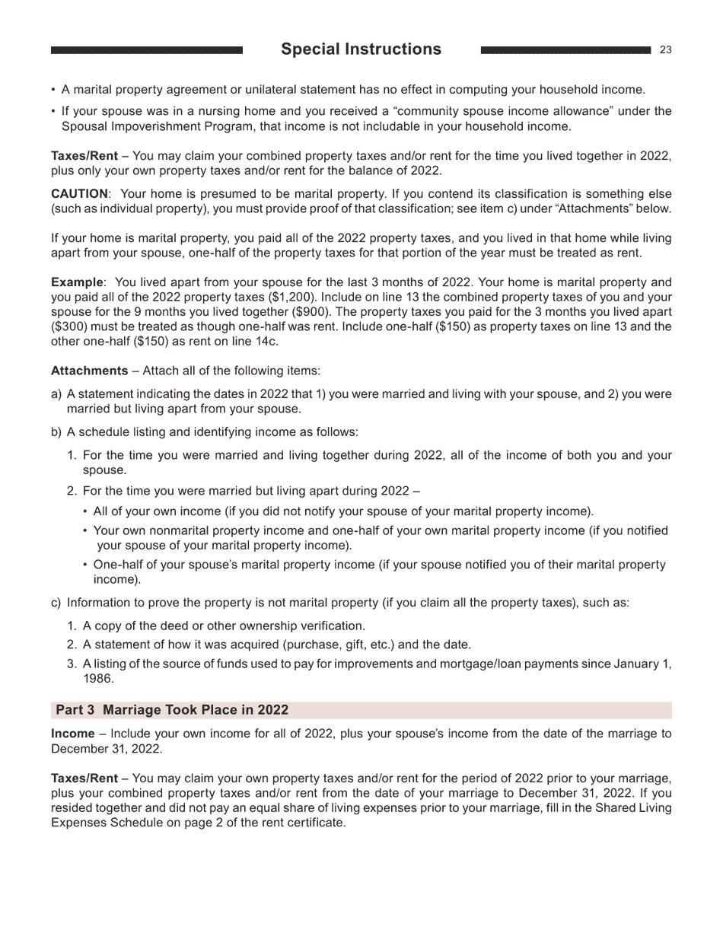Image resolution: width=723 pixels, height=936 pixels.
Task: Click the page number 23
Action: pyautogui.click(x=666, y=50)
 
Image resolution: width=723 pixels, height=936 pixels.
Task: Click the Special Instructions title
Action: pyautogui.click(x=361, y=49)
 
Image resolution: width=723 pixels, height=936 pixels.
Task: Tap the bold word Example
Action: pyautogui.click(x=76, y=282)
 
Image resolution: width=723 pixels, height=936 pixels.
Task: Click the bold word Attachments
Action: pyautogui.click(x=89, y=371)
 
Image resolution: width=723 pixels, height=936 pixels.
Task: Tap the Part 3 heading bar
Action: pyautogui.click(x=361, y=710)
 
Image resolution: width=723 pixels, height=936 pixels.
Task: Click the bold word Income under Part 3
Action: pyautogui.click(x=72, y=734)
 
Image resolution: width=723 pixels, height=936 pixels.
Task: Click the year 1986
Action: pyautogui.click(x=97, y=678)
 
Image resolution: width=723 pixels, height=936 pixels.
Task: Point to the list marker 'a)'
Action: pyautogui.click(x=56, y=394)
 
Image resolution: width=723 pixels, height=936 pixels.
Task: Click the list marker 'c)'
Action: pyautogui.click(x=56, y=603)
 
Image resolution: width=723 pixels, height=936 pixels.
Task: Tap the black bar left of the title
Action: pyautogui.click(x=146, y=50)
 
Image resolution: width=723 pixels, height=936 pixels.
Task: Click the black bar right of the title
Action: pyautogui.click(x=565, y=50)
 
